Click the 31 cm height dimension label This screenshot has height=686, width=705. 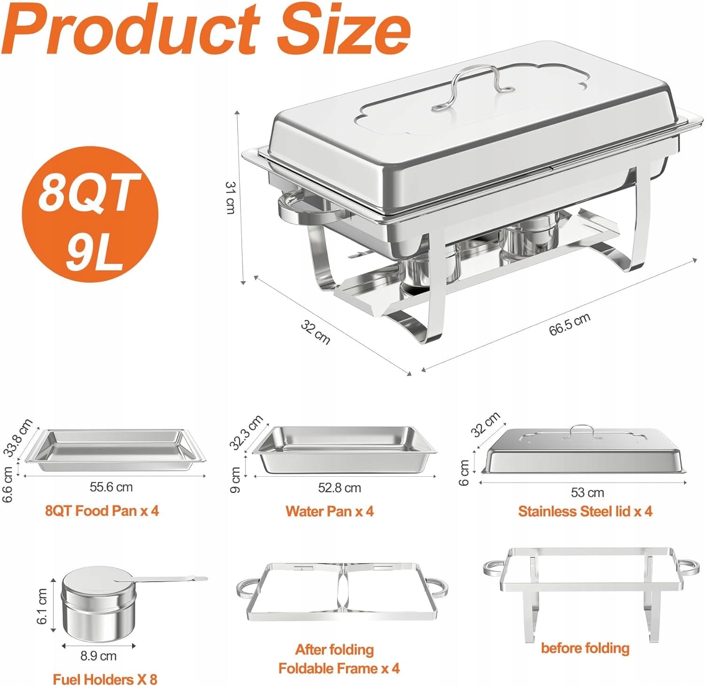230,197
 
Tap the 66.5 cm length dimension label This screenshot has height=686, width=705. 570,324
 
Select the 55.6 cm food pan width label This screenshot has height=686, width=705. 111,487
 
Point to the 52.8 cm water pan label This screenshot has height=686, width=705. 339,488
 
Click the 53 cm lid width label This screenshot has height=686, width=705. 587,492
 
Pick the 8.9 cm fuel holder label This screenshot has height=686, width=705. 98,655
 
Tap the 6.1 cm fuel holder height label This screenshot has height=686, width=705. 42,606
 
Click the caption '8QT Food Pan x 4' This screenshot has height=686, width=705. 102,510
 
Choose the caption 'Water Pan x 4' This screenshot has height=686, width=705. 329,511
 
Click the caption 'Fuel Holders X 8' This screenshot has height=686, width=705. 105,679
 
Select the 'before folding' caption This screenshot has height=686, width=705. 585,648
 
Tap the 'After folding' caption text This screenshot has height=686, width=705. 335,649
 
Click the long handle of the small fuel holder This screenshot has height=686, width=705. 164,579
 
